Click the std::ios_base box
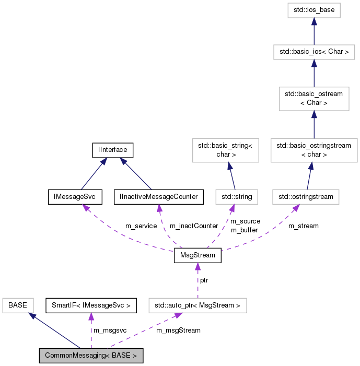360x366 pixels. tap(313, 10)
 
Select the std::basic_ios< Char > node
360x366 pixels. tap(313, 52)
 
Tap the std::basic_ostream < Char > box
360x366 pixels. tap(313, 98)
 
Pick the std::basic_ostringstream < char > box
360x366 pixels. tap(313, 150)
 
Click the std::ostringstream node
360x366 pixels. tap(306, 197)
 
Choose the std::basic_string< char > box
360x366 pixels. tap(225, 150)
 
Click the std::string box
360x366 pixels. tap(234, 197)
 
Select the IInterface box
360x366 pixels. tap(112, 150)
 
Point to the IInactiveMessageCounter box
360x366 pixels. tap(158, 197)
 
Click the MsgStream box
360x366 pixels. tap(198, 257)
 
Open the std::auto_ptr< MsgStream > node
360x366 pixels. tap(198, 305)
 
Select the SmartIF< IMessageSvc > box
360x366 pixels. tap(91, 305)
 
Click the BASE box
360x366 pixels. tap(18, 305)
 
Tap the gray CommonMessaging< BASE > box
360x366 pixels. tap(91, 356)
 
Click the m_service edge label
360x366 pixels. tap(141, 226)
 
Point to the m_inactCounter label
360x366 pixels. tap(193, 226)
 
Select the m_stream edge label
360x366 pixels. tap(303, 226)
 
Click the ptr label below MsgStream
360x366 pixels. tap(204, 280)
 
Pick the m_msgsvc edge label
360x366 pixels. tap(110, 330)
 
